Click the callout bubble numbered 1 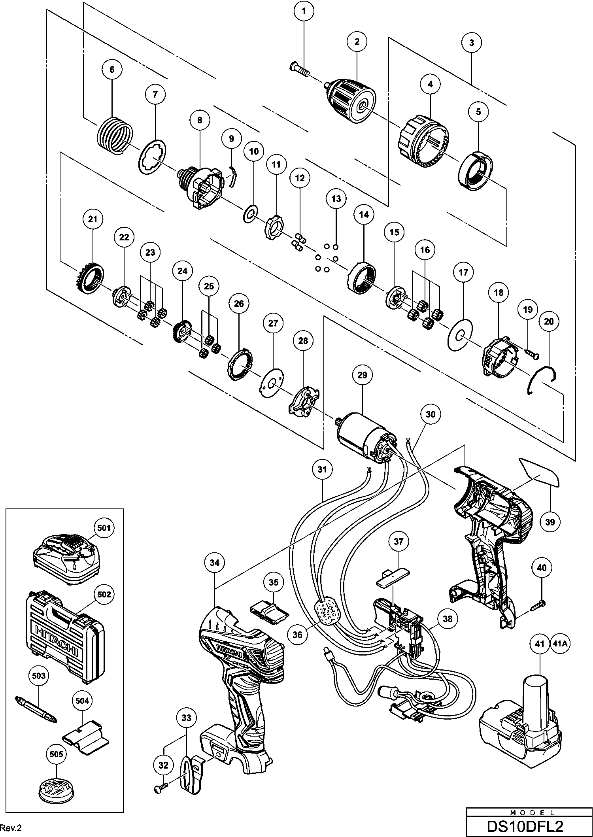point(304,11)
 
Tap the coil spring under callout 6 point(114,136)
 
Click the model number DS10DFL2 point(530,826)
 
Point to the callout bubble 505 point(56,754)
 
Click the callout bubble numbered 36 point(297,635)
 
